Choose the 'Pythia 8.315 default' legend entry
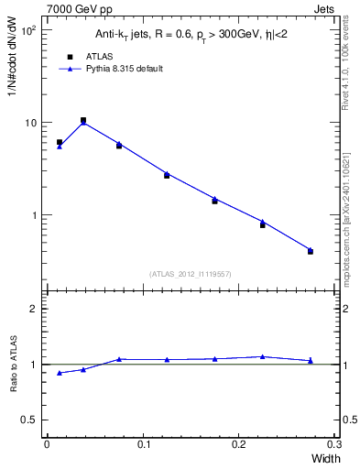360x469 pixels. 117,69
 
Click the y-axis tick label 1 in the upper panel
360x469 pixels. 34,215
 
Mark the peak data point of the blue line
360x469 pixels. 83,123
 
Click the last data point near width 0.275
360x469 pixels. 311,249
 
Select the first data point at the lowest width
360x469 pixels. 60,146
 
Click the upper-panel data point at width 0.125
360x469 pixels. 167,173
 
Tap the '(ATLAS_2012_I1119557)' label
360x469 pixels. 190,274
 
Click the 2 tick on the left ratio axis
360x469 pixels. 34,309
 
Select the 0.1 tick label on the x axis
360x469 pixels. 143,444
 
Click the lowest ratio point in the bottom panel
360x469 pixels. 60,373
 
